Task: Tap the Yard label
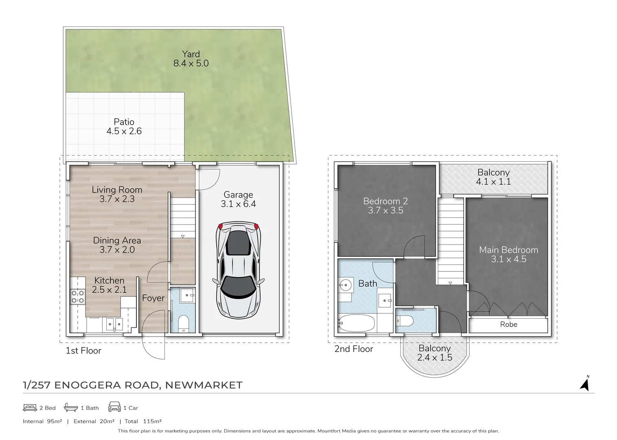coord(191,54)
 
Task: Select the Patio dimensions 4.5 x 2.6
coord(124,131)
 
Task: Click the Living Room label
coord(117,189)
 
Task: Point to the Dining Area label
coord(117,240)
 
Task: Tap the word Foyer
coord(153,298)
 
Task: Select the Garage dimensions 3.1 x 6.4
coord(238,204)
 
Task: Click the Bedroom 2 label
coord(385,201)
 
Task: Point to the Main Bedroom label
coord(508,250)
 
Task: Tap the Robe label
coord(508,324)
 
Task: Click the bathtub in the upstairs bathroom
coord(356,324)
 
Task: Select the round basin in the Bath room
coord(346,285)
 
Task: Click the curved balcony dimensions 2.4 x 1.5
coord(435,358)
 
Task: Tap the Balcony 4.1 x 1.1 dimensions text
coord(493,182)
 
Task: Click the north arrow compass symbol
coord(585,384)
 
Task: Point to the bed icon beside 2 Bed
coord(30,407)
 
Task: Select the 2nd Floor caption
coord(354,349)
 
